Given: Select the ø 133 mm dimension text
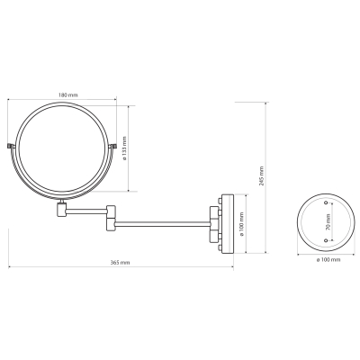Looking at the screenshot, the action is coord(125,148).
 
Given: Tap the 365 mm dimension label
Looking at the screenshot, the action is coord(120,263).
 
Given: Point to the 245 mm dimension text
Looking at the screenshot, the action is coord(261,175).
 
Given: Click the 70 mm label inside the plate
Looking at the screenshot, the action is coord(328,222).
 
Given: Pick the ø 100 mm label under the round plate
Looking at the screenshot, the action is coord(328,260).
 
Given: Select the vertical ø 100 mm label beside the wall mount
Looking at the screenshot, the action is coord(242,224).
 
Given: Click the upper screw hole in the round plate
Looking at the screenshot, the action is coord(326,203).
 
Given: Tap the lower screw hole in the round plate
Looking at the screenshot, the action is coord(326,240).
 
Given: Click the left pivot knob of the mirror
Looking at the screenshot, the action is coord(11,146).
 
